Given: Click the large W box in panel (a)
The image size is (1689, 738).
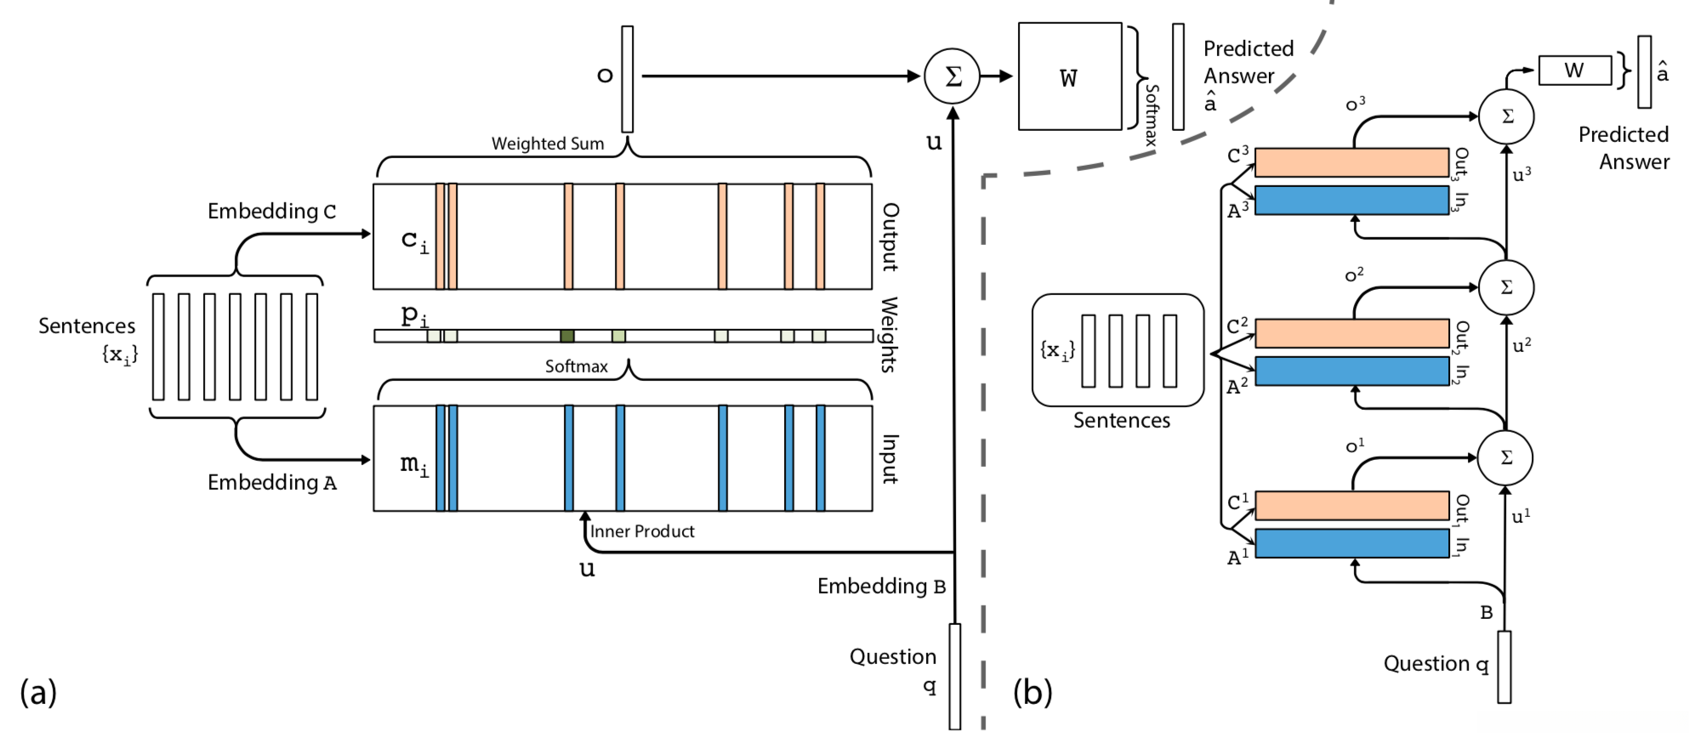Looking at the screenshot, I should pos(1070,77).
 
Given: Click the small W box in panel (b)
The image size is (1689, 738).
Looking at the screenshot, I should pos(1574,71).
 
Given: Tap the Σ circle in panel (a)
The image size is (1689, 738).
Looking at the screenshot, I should pos(953,77).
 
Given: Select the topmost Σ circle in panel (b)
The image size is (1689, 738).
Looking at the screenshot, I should pos(1506,116).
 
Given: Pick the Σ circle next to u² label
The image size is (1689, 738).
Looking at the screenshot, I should pos(1506,287).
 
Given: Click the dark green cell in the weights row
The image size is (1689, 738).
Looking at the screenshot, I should pos(567,336).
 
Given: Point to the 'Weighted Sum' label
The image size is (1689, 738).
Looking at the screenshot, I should pos(548,144).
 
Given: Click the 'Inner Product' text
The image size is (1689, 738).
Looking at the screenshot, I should pos(642,531).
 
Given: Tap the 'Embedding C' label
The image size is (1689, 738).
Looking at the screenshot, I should pos(271,211).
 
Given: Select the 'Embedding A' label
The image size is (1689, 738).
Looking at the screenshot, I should pos(271,482).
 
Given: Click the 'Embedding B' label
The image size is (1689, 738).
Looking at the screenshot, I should pos(881,586).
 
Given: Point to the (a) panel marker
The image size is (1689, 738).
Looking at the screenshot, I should pos(38,692).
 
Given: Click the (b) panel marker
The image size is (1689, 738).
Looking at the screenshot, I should pos(1032,692).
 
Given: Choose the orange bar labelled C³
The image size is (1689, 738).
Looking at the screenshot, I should pos(1351,162).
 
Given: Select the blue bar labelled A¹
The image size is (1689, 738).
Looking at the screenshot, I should pos(1351,543).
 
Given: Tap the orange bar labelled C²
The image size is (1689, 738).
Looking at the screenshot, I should pos(1351,333).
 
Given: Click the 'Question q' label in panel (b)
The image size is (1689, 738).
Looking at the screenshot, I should pos(1436,663).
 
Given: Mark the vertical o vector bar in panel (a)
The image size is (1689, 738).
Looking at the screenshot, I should pos(628,79).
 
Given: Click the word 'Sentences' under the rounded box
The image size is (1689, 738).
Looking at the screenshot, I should pos(1121,420).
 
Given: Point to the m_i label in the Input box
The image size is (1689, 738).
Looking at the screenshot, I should pos(414,464).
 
